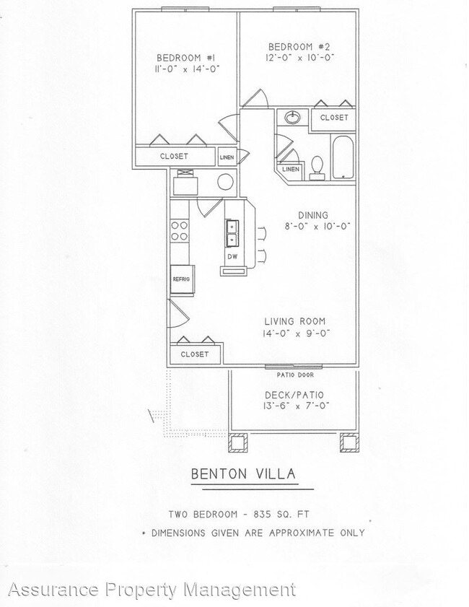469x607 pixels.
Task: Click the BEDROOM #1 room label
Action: [x=186, y=58]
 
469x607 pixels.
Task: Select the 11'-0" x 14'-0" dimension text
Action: [x=186, y=69]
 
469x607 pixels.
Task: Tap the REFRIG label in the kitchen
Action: [x=180, y=279]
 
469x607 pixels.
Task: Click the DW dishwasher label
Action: [x=232, y=256]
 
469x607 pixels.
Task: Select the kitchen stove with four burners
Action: [x=180, y=230]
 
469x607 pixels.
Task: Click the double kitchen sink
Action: [x=232, y=232]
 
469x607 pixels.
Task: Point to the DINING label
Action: [x=313, y=215]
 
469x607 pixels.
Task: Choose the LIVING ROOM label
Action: [x=294, y=321]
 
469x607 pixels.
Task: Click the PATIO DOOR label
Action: [x=294, y=375]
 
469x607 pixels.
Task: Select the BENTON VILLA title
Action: [x=242, y=474]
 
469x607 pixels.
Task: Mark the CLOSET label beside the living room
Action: [x=194, y=354]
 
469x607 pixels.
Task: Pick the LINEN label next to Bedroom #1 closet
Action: [x=227, y=156]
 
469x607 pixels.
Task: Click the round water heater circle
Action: [x=226, y=182]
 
